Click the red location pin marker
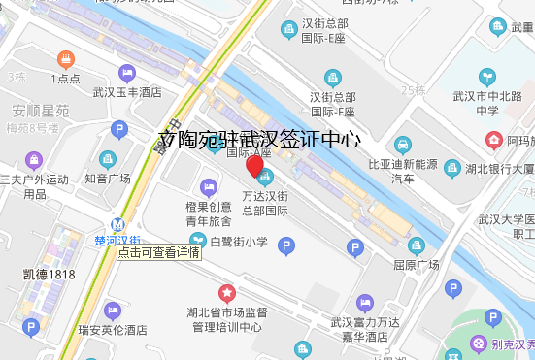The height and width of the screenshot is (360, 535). point(255,167)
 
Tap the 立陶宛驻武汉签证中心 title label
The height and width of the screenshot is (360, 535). point(259,140)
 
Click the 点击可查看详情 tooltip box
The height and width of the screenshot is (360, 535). point(159,252)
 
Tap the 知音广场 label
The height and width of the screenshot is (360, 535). point(107,179)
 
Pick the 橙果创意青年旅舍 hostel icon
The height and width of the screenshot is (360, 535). point(208,186)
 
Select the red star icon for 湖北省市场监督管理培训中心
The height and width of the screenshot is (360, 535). point(226,292)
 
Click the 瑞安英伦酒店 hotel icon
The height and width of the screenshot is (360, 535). point(112,311)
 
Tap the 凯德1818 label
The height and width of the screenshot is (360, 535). point(50,275)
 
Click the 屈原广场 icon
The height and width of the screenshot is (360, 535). point(417,245)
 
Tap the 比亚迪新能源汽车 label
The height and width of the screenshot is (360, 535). point(402,171)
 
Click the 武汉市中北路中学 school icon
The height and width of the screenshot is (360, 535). point(487,76)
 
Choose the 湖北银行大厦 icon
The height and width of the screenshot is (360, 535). point(451,168)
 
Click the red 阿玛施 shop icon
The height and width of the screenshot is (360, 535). point(493,141)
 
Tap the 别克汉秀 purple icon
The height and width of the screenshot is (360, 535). point(479,344)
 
